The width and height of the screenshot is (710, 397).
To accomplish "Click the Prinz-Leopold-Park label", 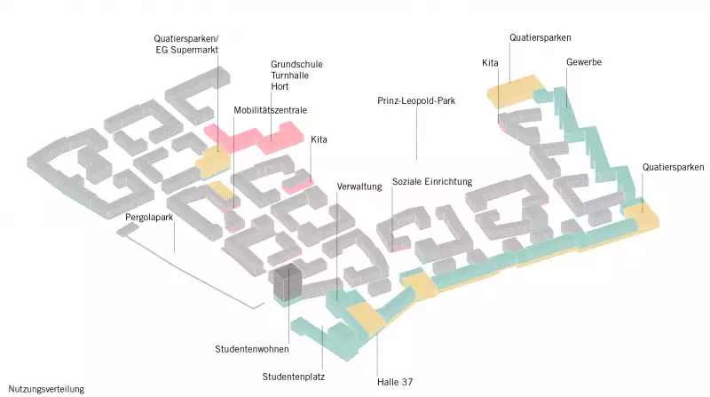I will point(416,101).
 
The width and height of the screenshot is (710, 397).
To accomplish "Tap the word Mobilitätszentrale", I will point(271,110).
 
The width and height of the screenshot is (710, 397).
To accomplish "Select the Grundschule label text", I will point(296,65).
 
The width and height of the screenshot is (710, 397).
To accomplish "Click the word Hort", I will point(280,86).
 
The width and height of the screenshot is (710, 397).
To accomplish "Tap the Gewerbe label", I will point(584,63).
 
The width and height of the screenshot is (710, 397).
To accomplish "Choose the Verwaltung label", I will point(359,187).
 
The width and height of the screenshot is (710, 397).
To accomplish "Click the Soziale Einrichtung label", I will point(432,181).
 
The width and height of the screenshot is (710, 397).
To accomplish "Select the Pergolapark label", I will point(146,217).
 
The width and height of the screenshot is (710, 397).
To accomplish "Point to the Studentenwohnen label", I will point(246,349).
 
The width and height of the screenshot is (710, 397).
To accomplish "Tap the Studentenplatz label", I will point(294,377).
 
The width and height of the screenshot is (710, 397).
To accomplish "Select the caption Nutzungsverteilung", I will point(46,389).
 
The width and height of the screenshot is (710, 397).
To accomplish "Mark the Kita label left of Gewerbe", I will point(490,63).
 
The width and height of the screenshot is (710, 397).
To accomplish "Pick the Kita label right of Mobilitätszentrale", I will point(319,139).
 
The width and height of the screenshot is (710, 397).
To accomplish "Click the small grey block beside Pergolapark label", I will point(128,229).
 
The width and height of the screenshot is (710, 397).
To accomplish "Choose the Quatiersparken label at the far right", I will point(674,167).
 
